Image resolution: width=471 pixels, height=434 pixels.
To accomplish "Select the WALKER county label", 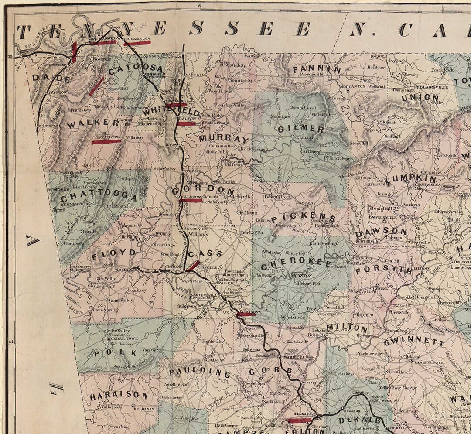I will pos(93,123).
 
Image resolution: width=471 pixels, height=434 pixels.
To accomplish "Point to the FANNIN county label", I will pos(317,69).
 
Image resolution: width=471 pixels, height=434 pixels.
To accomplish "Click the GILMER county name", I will pos(301,129).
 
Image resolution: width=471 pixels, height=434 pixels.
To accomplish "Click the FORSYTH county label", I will pos(383,270).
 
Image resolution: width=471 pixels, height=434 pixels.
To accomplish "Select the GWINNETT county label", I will pos(414,341).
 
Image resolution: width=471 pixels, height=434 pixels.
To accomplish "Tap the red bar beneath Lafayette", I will pos(106,141).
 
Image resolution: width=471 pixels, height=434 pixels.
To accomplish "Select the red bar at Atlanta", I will pos(300,420).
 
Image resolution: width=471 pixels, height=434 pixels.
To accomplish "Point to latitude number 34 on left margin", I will pos(11,342).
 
